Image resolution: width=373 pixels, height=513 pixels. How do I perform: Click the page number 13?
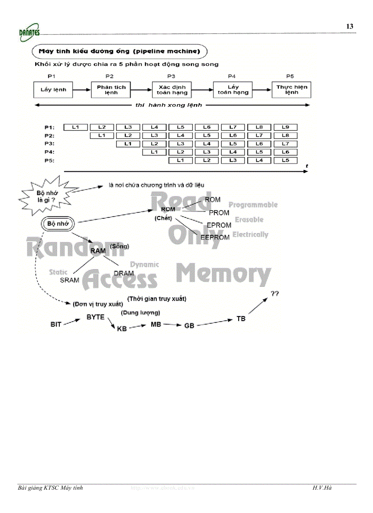click(350, 26)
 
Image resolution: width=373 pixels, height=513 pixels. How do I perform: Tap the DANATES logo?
click(29, 31)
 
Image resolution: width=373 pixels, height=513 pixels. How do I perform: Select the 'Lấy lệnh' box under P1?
click(53, 90)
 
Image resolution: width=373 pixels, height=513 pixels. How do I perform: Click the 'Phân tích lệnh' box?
click(111, 90)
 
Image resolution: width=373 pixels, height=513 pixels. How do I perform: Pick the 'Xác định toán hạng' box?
click(172, 90)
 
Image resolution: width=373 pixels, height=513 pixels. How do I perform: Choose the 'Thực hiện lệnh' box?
click(292, 90)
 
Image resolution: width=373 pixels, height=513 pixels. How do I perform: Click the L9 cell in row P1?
click(285, 127)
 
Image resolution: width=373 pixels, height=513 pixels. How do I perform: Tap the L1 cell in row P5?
click(180, 160)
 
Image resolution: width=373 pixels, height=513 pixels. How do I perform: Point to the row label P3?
click(50, 144)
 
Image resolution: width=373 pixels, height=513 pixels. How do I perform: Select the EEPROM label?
click(215, 238)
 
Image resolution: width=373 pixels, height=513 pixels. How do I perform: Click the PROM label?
click(219, 213)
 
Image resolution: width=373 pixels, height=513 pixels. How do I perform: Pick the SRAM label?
click(69, 280)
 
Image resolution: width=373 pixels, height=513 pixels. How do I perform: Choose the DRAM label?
click(123, 273)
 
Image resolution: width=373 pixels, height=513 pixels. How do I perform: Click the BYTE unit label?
click(96, 317)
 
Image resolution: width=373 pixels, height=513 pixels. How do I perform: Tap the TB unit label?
click(240, 318)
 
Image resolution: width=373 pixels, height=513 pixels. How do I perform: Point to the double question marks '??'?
click(275, 294)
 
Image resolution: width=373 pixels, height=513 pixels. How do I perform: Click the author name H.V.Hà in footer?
click(322, 488)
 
